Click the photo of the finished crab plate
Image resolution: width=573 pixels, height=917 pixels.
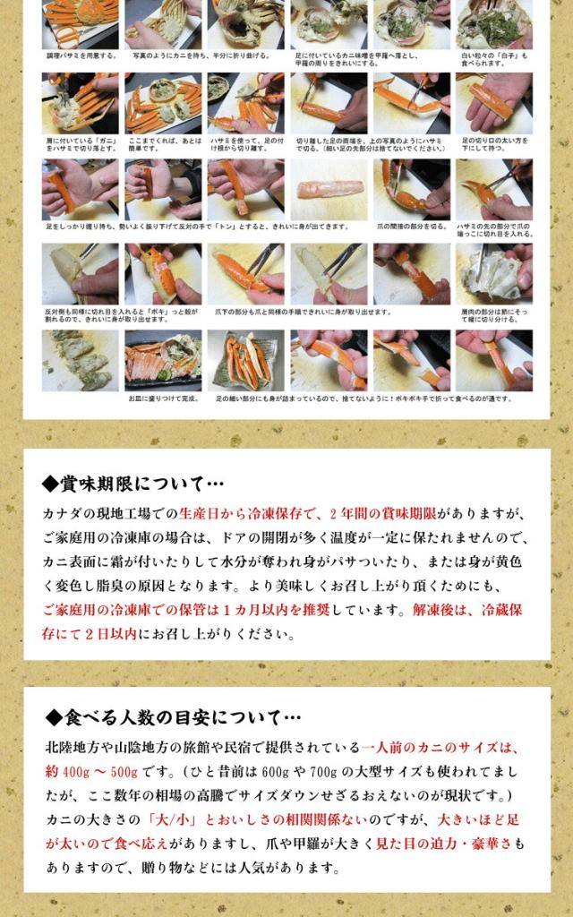[x=163, y=360]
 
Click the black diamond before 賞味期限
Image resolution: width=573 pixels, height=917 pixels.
[x=50, y=484]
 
